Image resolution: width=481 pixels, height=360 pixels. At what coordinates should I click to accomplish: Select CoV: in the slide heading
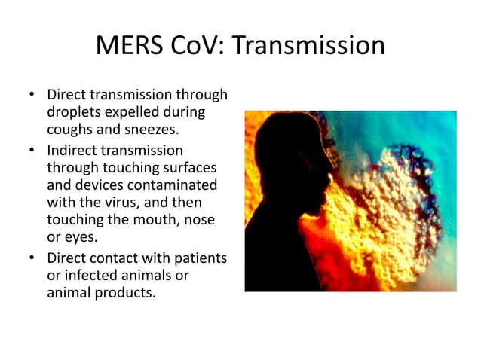point(201,47)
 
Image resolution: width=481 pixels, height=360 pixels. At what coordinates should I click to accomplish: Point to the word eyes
point(78,236)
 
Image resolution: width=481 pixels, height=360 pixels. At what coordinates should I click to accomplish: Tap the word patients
point(201,258)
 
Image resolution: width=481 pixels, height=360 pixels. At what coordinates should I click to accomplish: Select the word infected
point(87,276)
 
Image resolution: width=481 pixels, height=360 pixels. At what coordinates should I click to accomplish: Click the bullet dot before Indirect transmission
point(32,151)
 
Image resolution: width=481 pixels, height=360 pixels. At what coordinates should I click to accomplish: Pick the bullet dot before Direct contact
point(32,258)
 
